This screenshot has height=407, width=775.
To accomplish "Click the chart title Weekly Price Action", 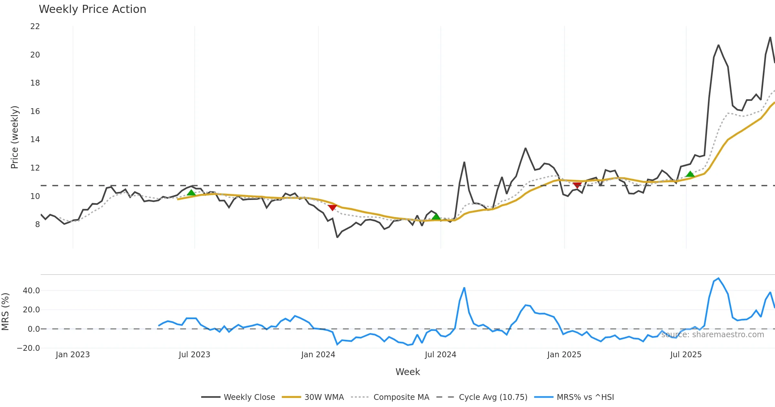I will pos(92,9).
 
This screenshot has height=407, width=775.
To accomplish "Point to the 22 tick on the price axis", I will pos(35,26).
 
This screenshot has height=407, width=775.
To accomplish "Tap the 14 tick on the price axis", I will pos(35,140).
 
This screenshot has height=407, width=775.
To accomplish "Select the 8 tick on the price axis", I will pos(37,224).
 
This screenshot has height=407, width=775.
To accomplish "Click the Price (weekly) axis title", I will pos(15,137).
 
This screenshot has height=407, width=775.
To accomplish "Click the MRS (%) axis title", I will pos(5,311).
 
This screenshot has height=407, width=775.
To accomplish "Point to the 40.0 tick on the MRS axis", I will pos(31,291).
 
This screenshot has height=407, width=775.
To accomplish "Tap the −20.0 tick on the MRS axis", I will pos(28,348).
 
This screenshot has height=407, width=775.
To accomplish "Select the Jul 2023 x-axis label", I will pos(194,355).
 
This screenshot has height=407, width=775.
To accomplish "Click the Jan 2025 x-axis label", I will pos(564,355).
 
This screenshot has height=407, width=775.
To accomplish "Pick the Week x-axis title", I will pos(408,372).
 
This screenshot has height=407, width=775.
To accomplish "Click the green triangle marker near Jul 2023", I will pos(191,193).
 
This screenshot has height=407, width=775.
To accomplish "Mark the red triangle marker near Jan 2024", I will pos(332,207).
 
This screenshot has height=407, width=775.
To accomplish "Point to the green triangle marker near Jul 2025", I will pos(690,174).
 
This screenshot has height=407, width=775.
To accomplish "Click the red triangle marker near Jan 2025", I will pos(577,185).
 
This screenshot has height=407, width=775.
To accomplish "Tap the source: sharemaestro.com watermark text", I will pos(713,335).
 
